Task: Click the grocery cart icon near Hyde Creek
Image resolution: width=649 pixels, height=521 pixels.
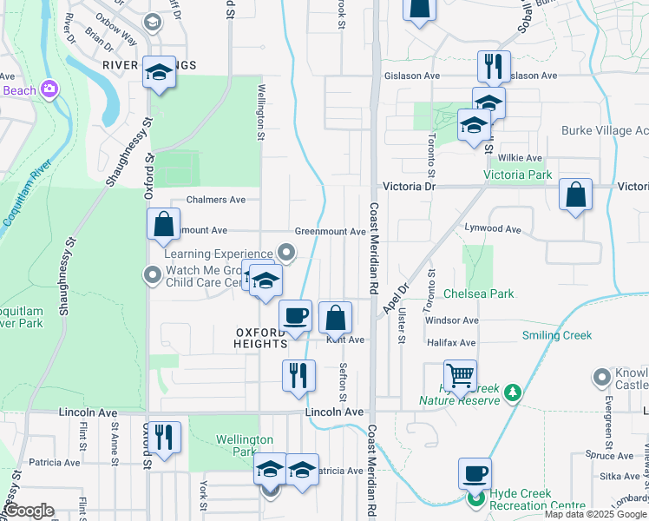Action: coord(460,374)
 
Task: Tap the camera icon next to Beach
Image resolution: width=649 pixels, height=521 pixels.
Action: coord(50,89)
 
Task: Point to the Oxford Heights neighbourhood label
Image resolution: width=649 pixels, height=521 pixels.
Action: coord(259,338)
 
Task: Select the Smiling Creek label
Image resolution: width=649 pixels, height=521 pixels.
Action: coord(556,335)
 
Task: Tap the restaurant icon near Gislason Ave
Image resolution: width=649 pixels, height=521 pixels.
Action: coord(493,65)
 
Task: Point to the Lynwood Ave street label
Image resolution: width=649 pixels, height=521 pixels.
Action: coord(493,230)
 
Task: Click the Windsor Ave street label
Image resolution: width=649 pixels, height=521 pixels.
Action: coord(451,320)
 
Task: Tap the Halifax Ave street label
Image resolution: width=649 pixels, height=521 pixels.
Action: coord(451,344)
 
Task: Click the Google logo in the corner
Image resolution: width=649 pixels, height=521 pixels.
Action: coord(29,511)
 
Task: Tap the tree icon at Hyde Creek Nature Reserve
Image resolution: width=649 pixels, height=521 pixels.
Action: coord(513,393)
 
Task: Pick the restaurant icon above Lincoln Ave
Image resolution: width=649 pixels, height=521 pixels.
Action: coord(298,375)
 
